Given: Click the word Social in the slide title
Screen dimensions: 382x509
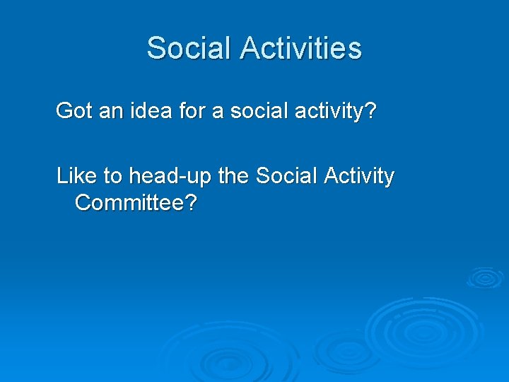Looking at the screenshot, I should coord(189,48).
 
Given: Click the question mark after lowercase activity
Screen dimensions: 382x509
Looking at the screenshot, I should coord(370,111).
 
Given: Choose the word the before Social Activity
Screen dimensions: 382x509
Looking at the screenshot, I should coord(233,176).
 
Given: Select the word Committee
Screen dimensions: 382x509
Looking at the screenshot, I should coord(129,203).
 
